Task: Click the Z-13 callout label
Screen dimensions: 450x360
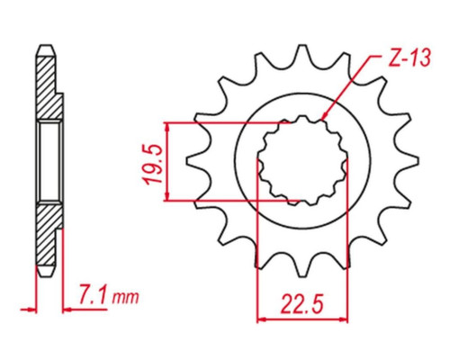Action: click(409, 58)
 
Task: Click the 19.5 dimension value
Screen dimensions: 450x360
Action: click(153, 165)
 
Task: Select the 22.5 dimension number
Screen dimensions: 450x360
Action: click(302, 304)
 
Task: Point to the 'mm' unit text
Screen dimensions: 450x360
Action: click(125, 297)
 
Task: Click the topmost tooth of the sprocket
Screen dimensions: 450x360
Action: click(302, 54)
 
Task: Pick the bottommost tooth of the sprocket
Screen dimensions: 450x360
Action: click(303, 267)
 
